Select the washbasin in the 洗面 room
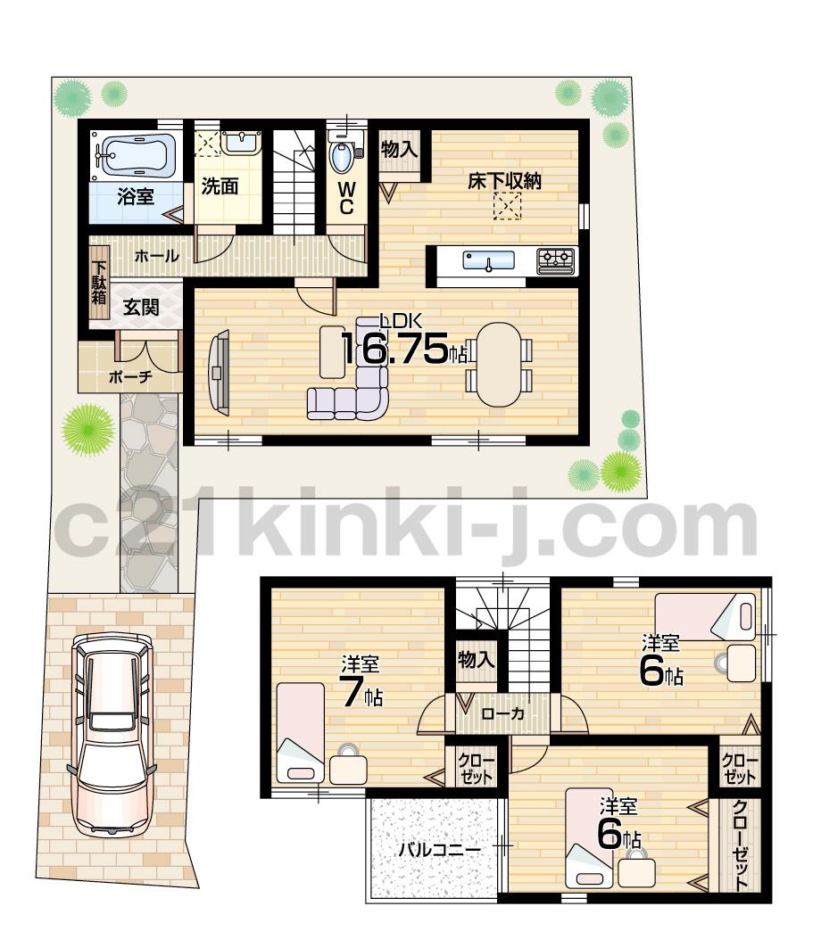coord(240,143)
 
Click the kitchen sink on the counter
coord(488,260)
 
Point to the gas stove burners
coord(556,260)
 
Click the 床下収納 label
coord(506,182)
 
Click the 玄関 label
coord(141,308)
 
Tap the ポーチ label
coord(130,376)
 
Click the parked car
coord(112,731)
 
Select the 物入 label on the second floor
coord(476,659)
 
